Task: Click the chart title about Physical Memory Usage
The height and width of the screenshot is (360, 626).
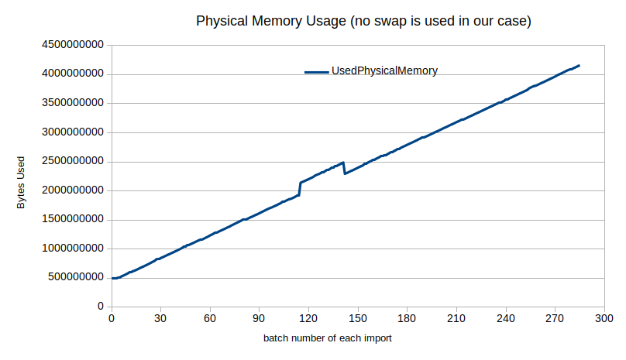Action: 363,21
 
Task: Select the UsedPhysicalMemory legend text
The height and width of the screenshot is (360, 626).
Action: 384,71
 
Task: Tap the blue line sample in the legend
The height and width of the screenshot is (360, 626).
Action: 317,72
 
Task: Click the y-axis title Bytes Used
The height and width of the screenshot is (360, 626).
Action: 22,184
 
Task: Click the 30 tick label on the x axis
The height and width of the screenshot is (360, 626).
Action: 160,318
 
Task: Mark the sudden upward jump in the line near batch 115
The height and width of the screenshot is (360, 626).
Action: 300,189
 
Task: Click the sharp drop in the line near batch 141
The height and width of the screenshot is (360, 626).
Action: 344,168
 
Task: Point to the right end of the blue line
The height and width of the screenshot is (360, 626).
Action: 580,66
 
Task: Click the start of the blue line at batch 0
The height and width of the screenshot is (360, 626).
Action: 112,278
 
